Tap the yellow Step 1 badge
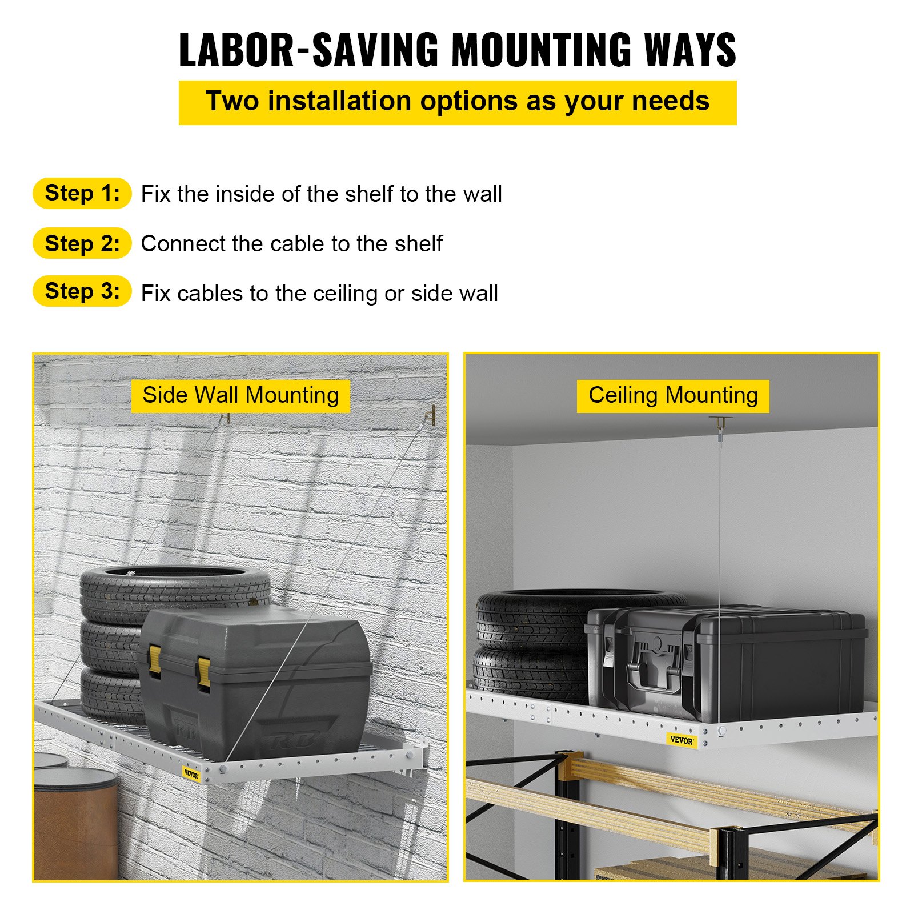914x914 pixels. [82, 193]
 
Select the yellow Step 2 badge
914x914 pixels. [82, 243]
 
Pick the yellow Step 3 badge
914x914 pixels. [82, 291]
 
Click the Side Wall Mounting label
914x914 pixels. [240, 395]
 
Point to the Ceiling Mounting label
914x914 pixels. [673, 395]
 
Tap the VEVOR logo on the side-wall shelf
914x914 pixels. [191, 775]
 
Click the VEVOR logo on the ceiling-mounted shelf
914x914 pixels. [681, 740]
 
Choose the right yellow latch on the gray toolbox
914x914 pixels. [203, 672]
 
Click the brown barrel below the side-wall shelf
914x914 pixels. [76, 823]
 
